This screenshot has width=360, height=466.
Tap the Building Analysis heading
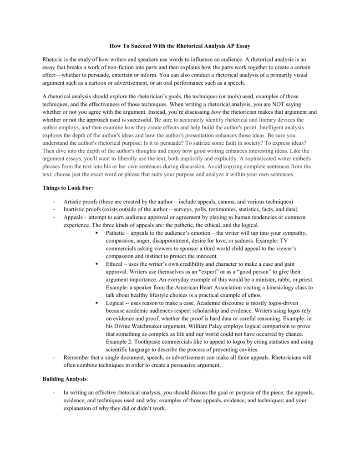tap(64, 379)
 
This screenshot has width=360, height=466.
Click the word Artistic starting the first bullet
tap(73, 202)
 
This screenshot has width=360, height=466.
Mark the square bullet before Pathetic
tap(97, 233)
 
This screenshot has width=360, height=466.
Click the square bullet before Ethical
tap(97, 264)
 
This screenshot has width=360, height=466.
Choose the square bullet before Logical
tap(97, 303)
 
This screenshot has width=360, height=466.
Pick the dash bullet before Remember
tap(54, 357)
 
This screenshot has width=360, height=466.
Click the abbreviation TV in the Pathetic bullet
tap(283, 240)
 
